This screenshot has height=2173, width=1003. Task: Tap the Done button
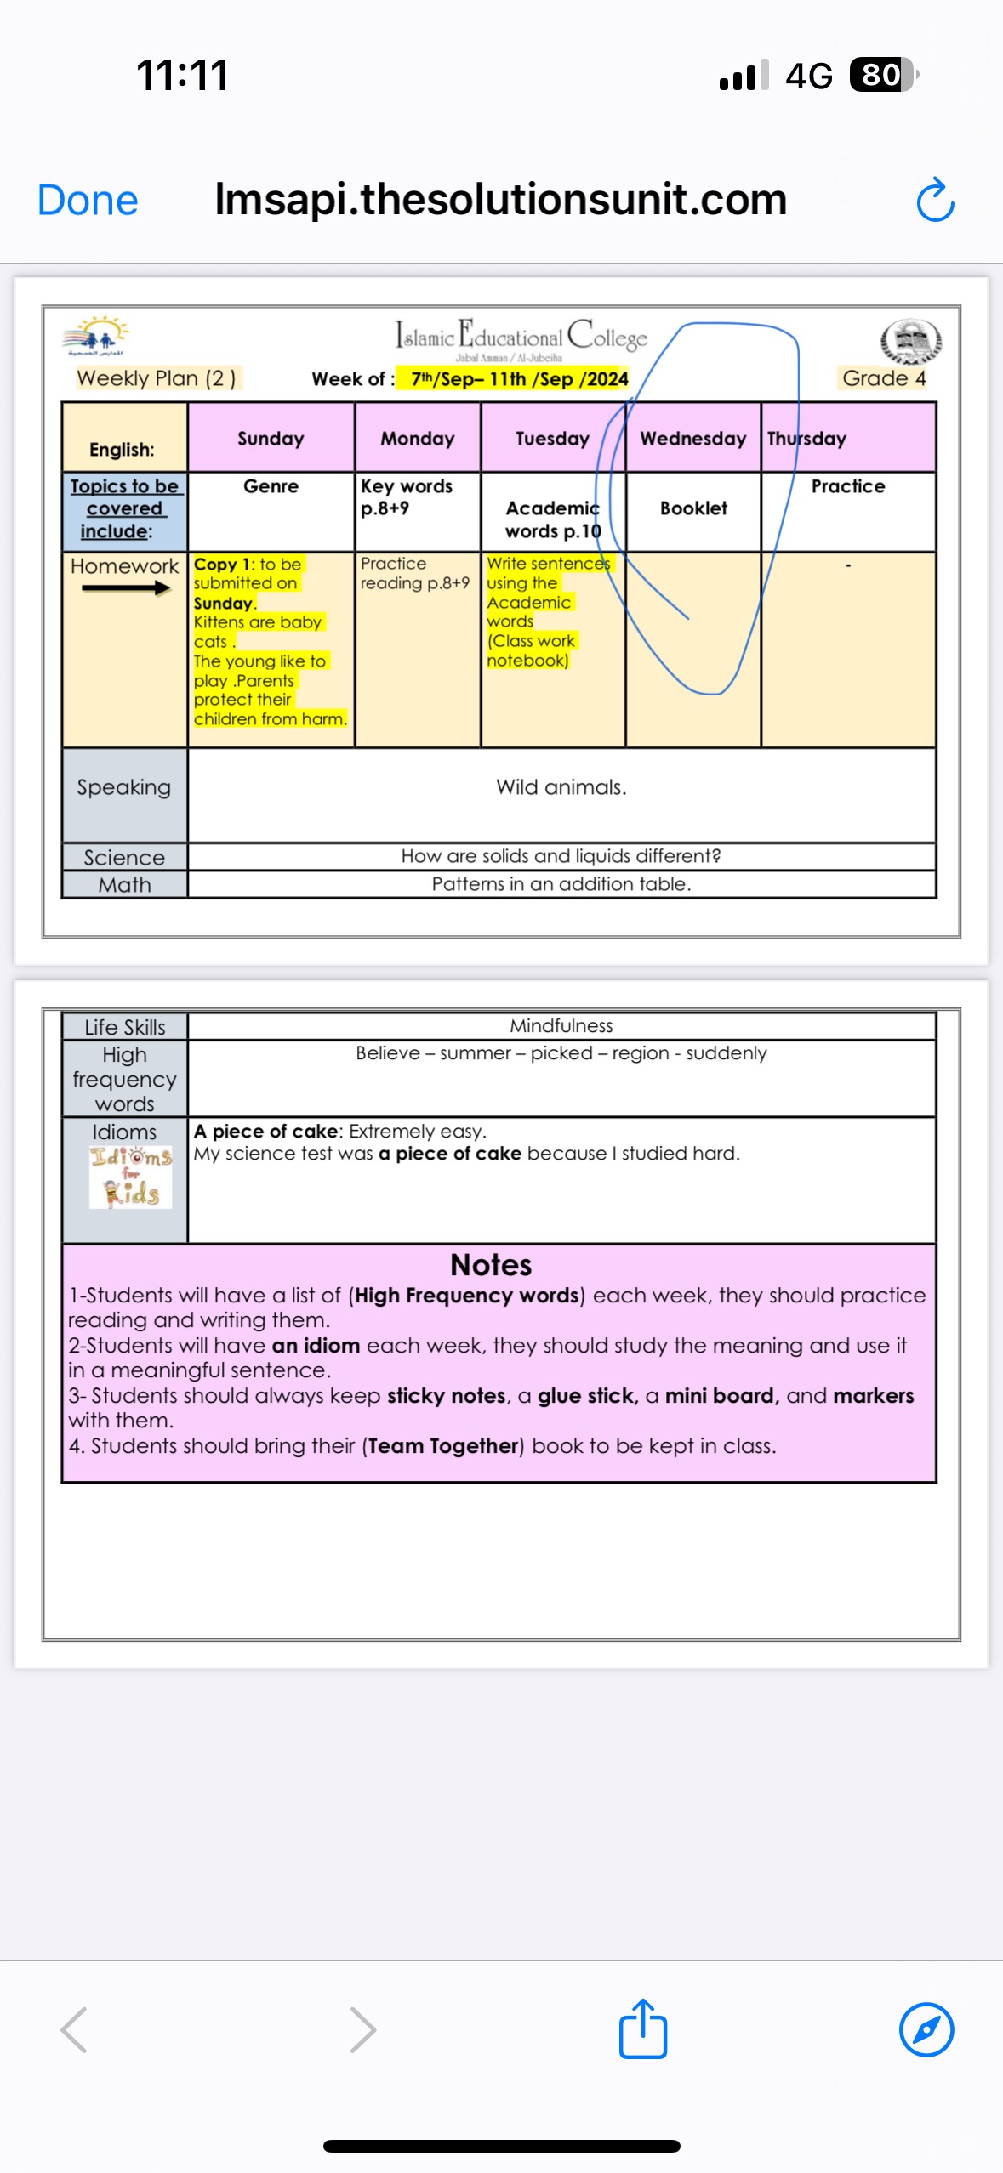[x=87, y=201]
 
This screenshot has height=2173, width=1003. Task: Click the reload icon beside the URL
[x=935, y=201]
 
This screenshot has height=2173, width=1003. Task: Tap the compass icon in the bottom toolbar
[x=926, y=2029]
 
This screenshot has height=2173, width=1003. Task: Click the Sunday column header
[x=271, y=439]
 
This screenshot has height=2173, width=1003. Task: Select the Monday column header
[x=417, y=439]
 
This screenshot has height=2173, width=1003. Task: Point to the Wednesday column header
[x=692, y=439]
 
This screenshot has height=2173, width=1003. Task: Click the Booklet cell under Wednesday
[x=693, y=508]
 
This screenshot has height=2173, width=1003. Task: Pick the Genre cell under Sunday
[x=271, y=486]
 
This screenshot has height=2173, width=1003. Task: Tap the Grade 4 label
[x=884, y=378]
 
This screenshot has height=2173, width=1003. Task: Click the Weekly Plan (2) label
[x=157, y=378]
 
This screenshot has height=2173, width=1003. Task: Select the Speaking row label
[x=124, y=787]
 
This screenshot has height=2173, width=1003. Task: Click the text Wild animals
[x=561, y=787]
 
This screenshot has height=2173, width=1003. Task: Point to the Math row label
[x=124, y=885]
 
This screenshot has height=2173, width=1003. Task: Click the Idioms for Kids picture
[x=130, y=1177]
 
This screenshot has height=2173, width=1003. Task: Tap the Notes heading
[x=491, y=1265]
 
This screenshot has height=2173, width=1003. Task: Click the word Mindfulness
[x=561, y=1026]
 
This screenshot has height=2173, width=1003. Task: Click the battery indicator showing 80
[x=882, y=75]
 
